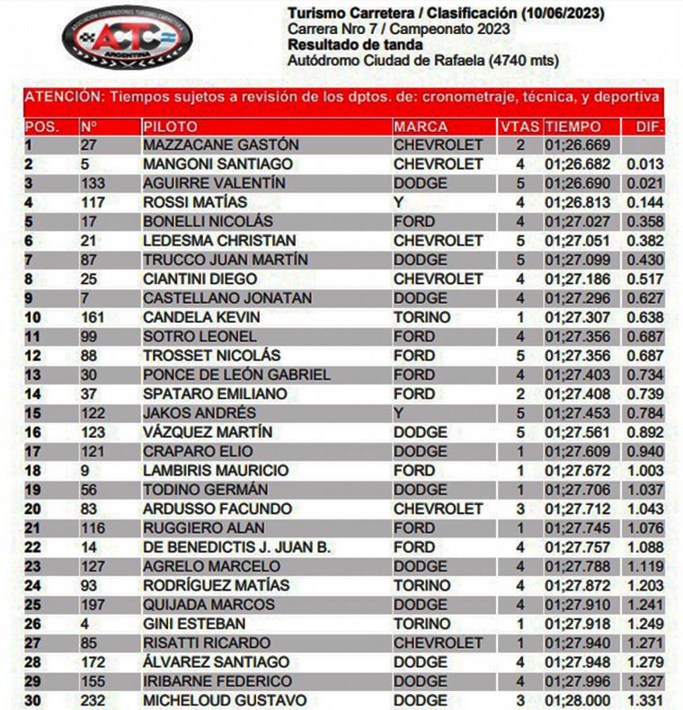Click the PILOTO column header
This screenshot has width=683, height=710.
(170, 127)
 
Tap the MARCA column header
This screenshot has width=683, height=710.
(421, 127)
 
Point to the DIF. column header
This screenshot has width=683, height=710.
(648, 127)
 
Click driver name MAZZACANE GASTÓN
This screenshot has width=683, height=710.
(221, 146)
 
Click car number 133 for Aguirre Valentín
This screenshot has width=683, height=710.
(93, 183)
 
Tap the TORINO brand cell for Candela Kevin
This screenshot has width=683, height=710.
(422, 317)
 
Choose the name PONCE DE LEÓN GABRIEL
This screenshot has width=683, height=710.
(236, 375)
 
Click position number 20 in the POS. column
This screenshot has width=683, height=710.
(33, 509)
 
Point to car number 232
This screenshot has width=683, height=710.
(93, 700)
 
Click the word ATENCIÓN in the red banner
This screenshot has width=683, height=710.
(62, 97)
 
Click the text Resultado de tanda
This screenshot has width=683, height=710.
(345, 45)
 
